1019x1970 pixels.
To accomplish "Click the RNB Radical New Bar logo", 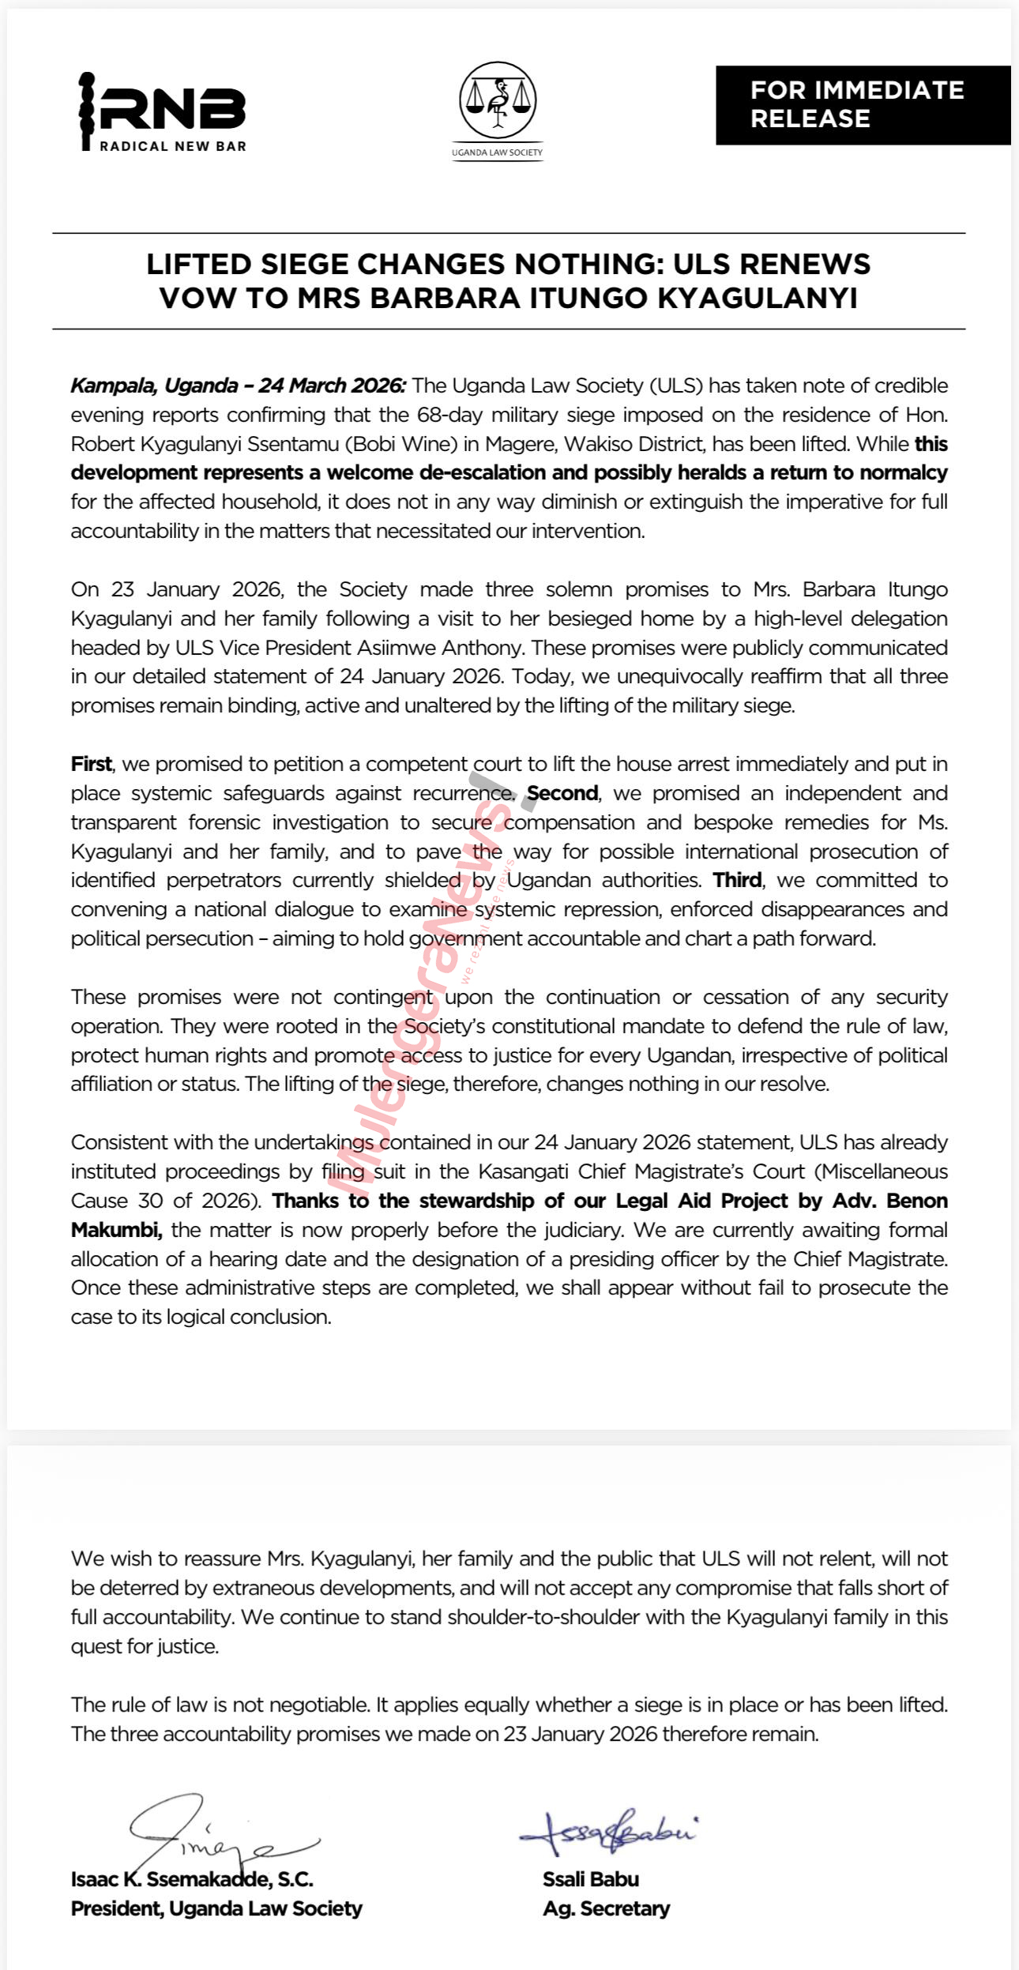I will tap(163, 111).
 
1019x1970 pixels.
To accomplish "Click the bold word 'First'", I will tap(91, 764).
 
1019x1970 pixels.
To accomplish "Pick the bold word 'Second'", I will tap(562, 793).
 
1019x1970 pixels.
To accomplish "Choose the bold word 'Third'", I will tap(737, 880).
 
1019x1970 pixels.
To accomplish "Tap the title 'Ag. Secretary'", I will tap(606, 1908).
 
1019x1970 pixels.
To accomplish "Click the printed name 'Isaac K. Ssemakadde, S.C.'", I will tap(192, 1879).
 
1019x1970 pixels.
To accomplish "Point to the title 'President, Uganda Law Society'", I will tap(216, 1908).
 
